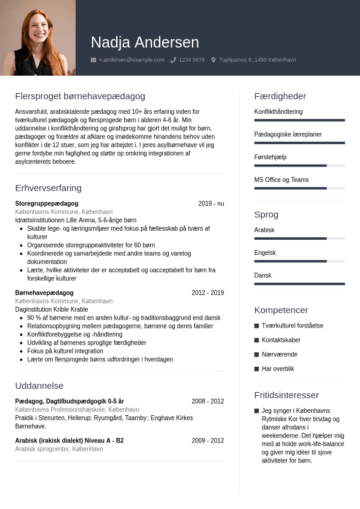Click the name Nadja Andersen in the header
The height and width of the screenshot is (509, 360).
point(145,42)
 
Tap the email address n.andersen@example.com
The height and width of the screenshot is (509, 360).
point(131,60)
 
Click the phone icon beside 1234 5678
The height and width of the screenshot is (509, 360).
point(173,60)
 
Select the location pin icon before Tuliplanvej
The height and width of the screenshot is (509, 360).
point(213,60)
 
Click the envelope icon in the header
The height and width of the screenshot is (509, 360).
point(93,60)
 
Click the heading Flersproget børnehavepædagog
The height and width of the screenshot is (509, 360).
point(80,96)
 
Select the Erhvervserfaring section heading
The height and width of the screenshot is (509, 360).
point(48,188)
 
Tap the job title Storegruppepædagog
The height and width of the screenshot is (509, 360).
point(47,203)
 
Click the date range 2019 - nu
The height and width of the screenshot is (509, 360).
point(211,203)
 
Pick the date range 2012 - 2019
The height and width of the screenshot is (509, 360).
point(208,292)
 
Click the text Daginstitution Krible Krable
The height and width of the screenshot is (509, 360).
point(51,309)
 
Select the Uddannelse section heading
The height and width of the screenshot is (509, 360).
point(39,386)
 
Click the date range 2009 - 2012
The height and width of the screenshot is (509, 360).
point(208,441)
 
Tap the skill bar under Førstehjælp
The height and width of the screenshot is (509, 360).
point(299,165)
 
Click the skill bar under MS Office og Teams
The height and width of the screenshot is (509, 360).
point(299,188)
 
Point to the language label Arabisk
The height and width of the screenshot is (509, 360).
point(264,230)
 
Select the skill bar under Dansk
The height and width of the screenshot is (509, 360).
point(299,284)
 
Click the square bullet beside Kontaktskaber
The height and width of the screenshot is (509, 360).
point(257,340)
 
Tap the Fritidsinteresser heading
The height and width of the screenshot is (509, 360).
point(286,395)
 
